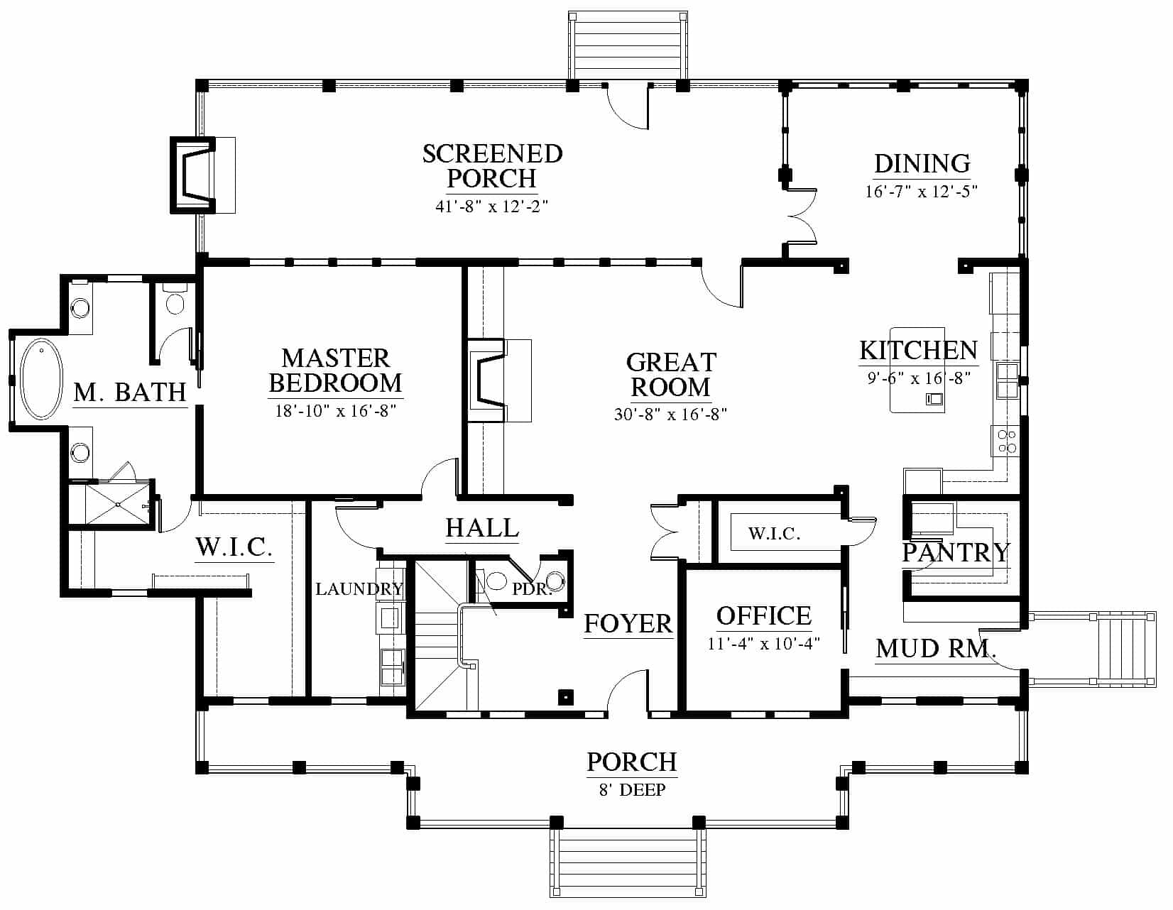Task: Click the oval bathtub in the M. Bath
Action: coord(41,378)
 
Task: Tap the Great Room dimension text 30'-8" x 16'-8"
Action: coord(670,415)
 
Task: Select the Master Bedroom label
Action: coord(335,371)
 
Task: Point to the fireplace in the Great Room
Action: coord(487,380)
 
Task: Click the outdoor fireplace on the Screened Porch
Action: coord(192,175)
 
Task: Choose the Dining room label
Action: coord(922,163)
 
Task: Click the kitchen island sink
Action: coord(934,399)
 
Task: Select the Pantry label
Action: coord(956,552)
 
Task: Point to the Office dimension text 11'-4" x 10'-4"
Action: coord(763,644)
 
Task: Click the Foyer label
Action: coord(628,623)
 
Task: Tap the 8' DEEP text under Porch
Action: coord(632,790)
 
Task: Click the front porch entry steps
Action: coord(628,862)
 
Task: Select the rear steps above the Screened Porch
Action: coord(628,46)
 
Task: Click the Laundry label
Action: coord(359,588)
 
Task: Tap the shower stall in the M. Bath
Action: coord(118,504)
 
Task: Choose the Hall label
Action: coord(482,527)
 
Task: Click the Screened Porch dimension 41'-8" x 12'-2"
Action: coord(491,206)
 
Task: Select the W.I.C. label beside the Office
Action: coord(774,534)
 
